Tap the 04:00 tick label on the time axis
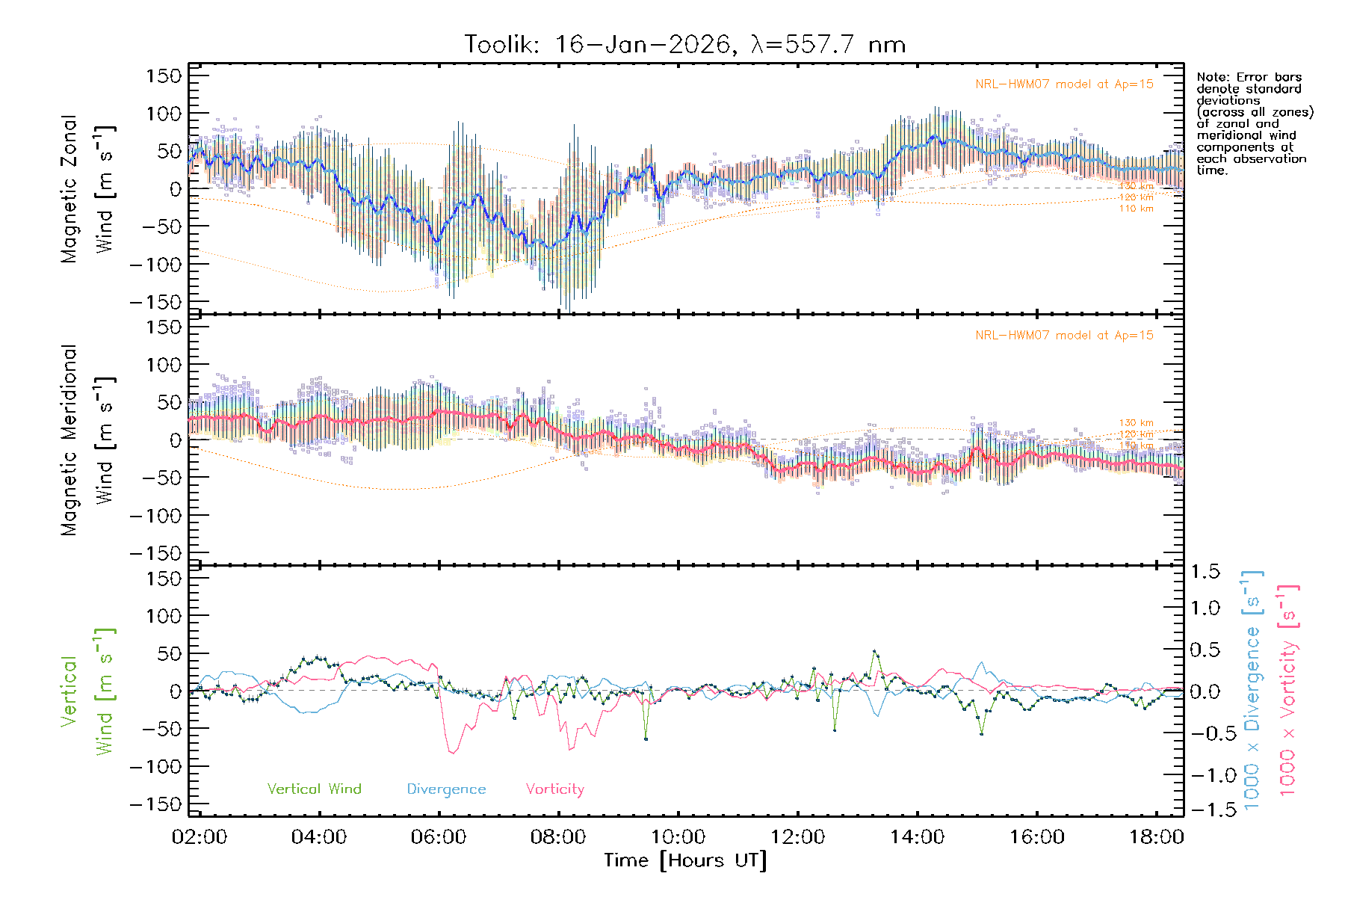pos(319,837)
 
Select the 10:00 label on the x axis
pos(678,837)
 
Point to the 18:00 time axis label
pos(1156,837)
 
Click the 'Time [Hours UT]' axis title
pos(685,860)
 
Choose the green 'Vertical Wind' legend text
pos(314,789)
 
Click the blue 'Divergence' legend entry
pos(446,789)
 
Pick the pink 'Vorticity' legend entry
pos(554,789)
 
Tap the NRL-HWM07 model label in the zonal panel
pos(1064,84)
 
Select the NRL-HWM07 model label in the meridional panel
pos(1064,336)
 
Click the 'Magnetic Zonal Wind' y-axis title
pos(87,188)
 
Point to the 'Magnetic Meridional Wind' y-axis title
pos(87,440)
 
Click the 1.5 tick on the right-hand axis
pos(1205,572)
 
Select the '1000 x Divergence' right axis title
pos(1252,690)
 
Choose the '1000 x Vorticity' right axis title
pos(1287,690)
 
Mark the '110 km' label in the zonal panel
pos(1136,209)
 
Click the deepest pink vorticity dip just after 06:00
pos(451,753)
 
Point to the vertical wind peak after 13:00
pos(875,651)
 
